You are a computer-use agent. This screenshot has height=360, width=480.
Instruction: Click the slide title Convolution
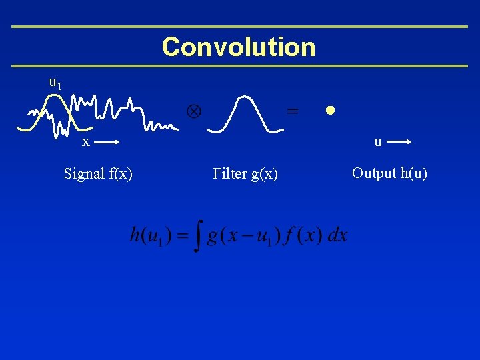pyautogui.click(x=239, y=47)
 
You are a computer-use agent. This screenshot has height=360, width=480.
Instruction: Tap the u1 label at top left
pyautogui.click(x=55, y=83)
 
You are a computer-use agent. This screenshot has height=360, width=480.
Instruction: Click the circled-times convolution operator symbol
pyautogui.click(x=193, y=111)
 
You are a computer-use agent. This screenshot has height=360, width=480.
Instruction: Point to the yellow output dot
pyautogui.click(x=329, y=110)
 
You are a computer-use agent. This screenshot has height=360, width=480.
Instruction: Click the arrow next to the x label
pyautogui.click(x=106, y=142)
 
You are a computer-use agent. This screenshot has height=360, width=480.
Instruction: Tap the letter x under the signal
pyautogui.click(x=85, y=142)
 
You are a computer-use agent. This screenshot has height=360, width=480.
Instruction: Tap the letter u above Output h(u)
pyautogui.click(x=377, y=141)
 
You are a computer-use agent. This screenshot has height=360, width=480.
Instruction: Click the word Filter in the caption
pyautogui.click(x=229, y=174)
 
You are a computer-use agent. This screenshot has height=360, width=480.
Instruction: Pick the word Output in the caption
pyautogui.click(x=374, y=173)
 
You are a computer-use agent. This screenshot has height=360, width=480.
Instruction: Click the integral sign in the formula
pyautogui.click(x=196, y=237)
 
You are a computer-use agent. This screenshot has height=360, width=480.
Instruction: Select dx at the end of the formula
pyautogui.click(x=338, y=236)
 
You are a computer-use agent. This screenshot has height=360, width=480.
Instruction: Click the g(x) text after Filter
pyautogui.click(x=263, y=174)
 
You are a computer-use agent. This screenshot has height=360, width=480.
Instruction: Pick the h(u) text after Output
pyautogui.click(x=413, y=173)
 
